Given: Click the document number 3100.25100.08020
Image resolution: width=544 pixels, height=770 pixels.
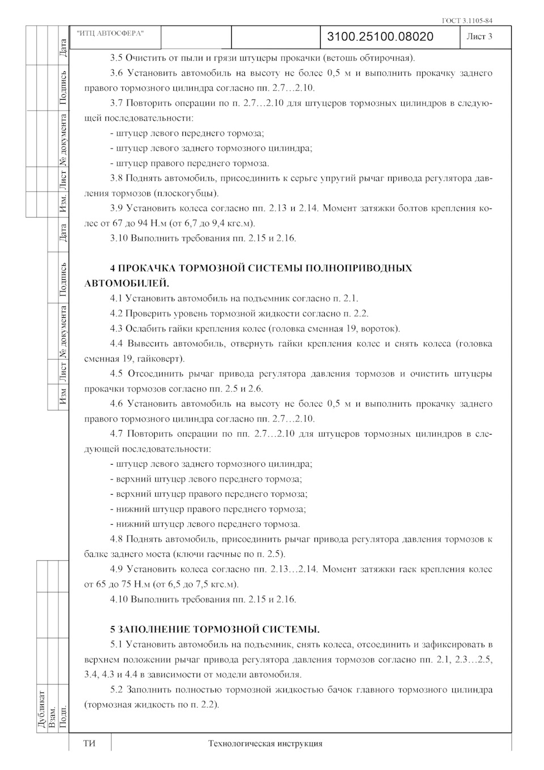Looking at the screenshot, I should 380,37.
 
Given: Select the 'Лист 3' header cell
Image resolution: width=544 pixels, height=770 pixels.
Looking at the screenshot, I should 479,37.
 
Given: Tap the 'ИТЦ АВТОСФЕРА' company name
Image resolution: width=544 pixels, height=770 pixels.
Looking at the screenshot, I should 110,33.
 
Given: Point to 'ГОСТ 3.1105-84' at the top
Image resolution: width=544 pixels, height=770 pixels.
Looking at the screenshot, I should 467,21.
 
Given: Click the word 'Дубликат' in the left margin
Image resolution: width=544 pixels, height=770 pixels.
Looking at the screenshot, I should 42,709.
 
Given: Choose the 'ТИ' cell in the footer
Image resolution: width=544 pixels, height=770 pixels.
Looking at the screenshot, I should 90,743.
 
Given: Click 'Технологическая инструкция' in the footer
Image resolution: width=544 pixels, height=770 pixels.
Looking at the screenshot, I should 265,743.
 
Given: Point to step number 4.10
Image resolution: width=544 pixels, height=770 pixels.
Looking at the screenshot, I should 119,599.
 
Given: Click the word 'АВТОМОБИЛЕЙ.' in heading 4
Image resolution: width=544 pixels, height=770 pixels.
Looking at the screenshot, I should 126,283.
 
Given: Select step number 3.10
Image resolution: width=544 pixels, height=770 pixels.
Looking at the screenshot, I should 119,238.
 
